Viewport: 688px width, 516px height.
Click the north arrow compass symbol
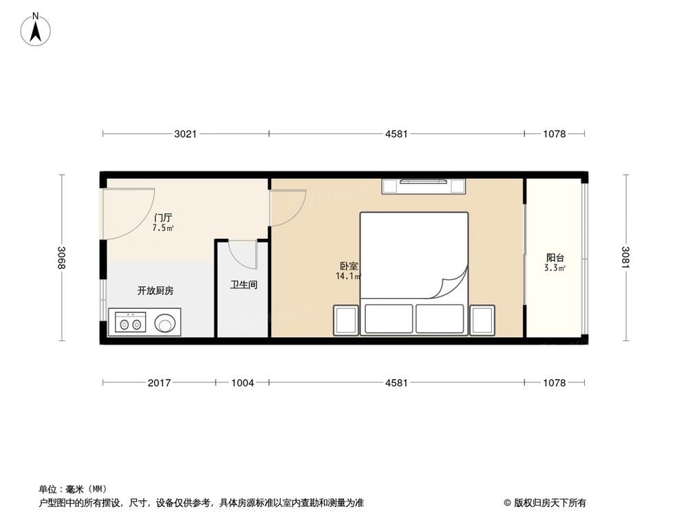point(36,30)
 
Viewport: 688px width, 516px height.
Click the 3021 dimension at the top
point(185,134)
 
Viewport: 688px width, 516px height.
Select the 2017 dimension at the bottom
point(159,383)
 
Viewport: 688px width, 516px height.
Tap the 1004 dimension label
point(243,383)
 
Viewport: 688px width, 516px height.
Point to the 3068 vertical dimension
point(61,257)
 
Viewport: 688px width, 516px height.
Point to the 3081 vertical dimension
point(625,257)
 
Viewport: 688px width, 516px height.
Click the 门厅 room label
point(163,217)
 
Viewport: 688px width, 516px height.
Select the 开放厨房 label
point(155,290)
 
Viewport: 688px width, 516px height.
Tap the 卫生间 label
point(244,285)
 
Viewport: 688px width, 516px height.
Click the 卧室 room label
point(350,266)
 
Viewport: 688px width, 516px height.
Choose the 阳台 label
point(555,257)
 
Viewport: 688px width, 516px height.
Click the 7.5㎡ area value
point(163,228)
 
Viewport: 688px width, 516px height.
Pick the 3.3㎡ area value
point(555,268)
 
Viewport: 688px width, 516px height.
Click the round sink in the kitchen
point(165,323)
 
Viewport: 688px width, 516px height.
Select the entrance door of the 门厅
point(127,215)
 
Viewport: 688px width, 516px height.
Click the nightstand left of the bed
point(346,321)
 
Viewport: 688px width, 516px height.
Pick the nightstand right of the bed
point(482,321)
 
